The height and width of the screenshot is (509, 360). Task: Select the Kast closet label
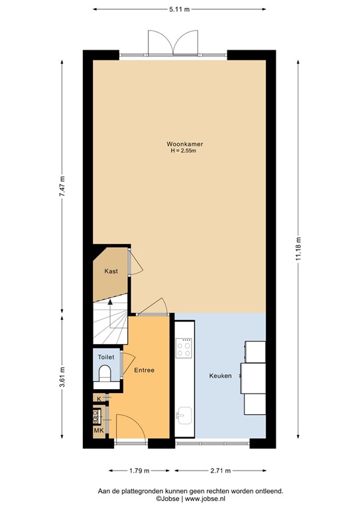(x=111, y=271)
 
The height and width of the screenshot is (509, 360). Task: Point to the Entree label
(x=144, y=370)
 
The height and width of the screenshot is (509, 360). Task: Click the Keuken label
(x=221, y=376)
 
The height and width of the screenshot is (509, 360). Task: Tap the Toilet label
(x=106, y=357)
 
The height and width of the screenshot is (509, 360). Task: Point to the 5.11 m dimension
(x=179, y=9)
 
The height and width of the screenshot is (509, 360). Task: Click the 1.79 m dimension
(x=138, y=471)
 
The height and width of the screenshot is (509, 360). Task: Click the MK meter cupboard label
(x=98, y=431)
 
